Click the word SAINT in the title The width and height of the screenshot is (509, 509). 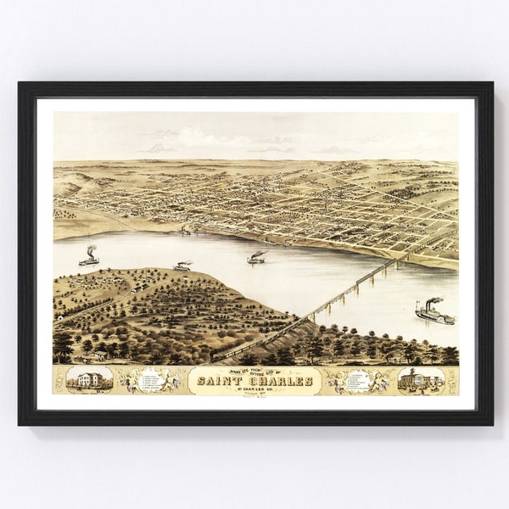click(221, 381)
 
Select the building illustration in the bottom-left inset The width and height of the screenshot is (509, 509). click(88, 379)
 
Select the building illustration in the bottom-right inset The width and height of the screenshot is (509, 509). click(421, 379)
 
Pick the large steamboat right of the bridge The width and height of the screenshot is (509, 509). click(434, 316)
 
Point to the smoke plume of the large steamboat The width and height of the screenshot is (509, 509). click(433, 301)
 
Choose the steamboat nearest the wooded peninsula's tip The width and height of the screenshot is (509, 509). click(182, 266)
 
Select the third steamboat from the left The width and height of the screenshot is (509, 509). click(255, 259)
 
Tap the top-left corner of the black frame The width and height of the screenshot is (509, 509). click(20, 83)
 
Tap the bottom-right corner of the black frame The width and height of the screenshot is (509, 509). click(491, 423)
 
